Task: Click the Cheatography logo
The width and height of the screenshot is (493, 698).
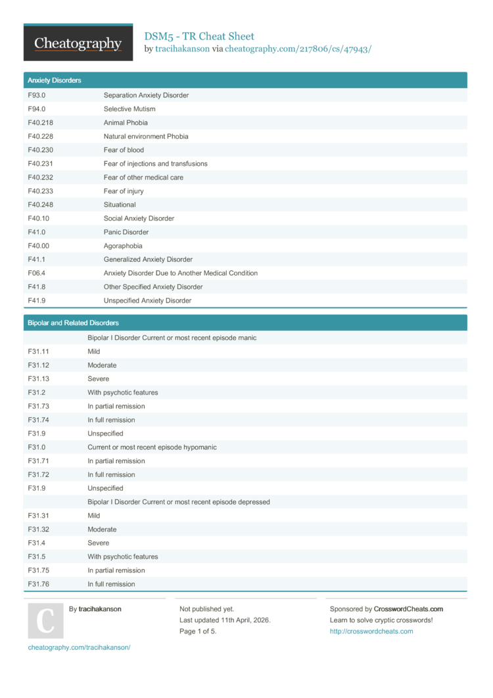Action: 78,43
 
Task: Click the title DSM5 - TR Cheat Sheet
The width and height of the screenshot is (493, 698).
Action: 199,36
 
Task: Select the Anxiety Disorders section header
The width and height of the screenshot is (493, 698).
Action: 55,80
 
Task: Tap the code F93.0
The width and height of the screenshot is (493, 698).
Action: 37,95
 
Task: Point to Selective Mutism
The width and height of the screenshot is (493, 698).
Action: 129,109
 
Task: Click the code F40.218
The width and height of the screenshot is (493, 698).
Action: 41,123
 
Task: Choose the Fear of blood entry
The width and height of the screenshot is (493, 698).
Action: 124,150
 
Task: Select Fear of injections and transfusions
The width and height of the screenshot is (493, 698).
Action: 155,164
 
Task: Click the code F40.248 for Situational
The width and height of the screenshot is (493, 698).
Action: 41,205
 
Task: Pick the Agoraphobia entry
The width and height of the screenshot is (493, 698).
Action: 122,246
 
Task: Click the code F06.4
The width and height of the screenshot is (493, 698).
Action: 37,273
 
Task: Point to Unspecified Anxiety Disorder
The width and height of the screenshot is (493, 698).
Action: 147,301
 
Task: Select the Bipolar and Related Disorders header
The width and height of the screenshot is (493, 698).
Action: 73,323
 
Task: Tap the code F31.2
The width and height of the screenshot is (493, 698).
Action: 37,393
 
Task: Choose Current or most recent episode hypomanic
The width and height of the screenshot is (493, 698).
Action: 152,447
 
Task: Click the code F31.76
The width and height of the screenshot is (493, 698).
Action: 39,584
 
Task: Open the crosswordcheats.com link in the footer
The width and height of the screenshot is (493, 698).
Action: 371,632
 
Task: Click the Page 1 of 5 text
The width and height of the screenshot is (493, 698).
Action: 198,632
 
